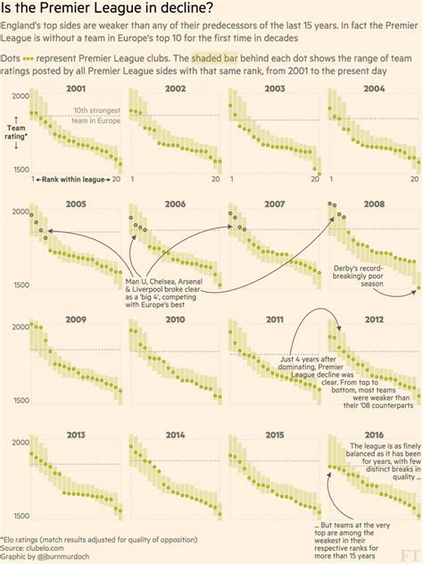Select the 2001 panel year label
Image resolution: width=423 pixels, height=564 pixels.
(x=77, y=89)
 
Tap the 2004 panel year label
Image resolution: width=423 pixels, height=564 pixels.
(x=374, y=89)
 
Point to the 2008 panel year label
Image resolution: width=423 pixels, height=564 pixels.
(x=374, y=204)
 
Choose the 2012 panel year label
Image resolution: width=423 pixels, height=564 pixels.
(x=374, y=319)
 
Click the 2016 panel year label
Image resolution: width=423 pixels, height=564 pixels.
(x=374, y=435)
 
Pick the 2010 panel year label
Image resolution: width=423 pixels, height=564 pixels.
(x=176, y=319)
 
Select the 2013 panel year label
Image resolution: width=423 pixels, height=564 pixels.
(x=77, y=435)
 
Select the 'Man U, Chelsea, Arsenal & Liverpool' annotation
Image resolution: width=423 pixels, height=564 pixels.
(x=162, y=294)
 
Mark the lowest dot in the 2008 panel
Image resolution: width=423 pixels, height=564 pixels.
(x=417, y=289)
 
